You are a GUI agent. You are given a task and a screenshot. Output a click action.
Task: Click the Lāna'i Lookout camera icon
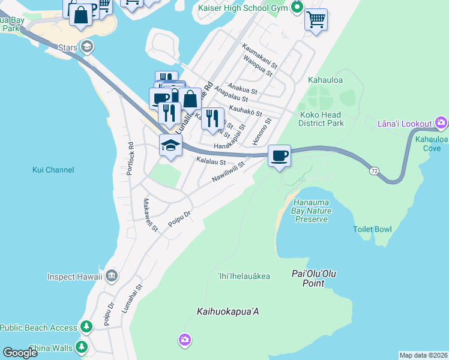tap(441, 124)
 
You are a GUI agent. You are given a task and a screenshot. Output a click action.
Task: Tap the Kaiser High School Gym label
tap(243, 8)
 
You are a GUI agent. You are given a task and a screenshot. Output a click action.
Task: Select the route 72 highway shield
tap(374, 171)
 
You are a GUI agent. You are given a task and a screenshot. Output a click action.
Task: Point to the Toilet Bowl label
tap(372, 229)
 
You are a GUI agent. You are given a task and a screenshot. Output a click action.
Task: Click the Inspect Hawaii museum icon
tap(111, 276)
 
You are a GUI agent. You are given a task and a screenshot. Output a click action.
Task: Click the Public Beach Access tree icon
tap(87, 327)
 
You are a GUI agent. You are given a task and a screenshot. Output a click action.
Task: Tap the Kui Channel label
tap(53, 170)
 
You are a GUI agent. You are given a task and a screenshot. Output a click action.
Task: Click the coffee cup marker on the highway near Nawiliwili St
tap(279, 156)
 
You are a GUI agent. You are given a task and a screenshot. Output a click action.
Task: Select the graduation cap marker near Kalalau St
tap(170, 145)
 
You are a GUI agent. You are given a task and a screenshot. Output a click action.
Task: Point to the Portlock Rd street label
tap(130, 158)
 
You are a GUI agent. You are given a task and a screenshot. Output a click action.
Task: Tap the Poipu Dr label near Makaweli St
tap(179, 218)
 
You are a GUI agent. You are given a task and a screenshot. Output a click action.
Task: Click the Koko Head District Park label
tap(322, 119)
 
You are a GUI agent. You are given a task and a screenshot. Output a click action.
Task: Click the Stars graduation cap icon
tap(87, 47)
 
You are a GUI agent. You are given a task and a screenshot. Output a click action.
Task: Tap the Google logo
tap(20, 353)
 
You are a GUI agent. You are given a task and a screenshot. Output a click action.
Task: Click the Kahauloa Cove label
tap(432, 143)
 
